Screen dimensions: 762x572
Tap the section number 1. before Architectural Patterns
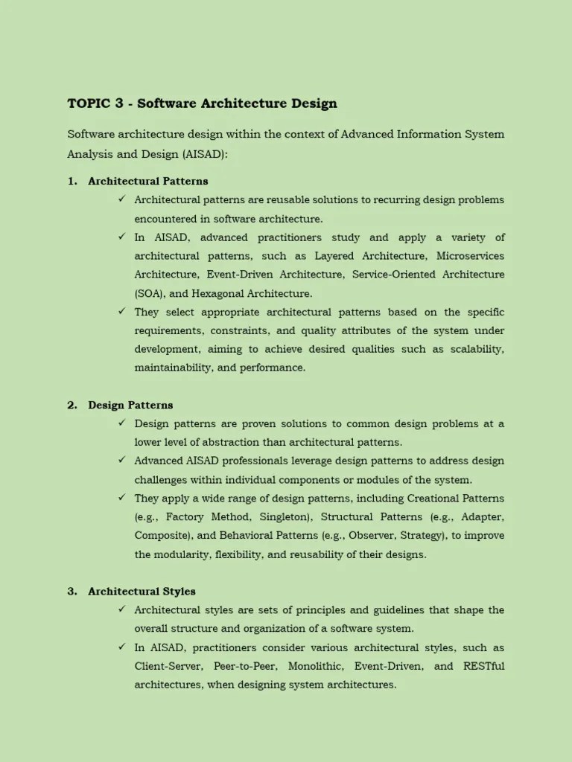tap(72, 181)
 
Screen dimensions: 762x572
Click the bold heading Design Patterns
tap(130, 405)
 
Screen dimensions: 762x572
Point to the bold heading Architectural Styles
tap(142, 592)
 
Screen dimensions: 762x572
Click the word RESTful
tap(484, 666)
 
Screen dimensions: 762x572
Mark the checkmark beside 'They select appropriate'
tap(121, 311)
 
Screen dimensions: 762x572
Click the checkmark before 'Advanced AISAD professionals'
tap(121, 461)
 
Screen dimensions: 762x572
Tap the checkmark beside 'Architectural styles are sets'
tap(121, 609)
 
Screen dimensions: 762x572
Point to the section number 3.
tap(72, 592)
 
